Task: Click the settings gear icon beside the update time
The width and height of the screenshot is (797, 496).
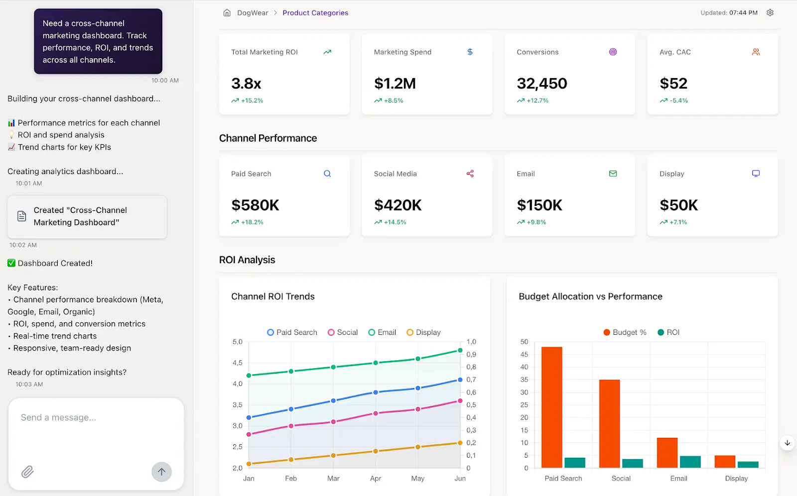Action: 770,13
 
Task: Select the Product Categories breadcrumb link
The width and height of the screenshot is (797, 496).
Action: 315,13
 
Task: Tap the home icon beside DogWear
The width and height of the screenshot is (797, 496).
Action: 227,13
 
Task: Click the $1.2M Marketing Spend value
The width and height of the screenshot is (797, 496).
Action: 395,84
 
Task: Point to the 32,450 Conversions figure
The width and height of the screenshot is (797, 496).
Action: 542,84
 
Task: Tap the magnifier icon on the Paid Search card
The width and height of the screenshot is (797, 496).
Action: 327,174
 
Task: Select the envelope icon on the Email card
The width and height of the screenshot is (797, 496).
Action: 613,174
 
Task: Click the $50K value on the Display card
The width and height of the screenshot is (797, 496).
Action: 678,205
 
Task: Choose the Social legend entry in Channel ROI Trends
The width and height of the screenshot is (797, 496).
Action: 343,332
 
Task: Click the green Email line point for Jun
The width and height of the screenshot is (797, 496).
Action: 460,351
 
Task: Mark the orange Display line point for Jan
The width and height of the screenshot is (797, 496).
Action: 249,464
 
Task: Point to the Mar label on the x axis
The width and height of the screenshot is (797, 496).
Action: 333,479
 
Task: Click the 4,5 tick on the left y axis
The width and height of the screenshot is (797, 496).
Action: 237,363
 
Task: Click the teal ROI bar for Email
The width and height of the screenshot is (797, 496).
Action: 690,462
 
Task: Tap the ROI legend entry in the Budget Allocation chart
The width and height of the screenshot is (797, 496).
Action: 668,332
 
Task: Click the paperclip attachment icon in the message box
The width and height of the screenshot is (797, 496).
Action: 27,472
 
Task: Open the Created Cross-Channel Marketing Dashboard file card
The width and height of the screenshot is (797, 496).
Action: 87,216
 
